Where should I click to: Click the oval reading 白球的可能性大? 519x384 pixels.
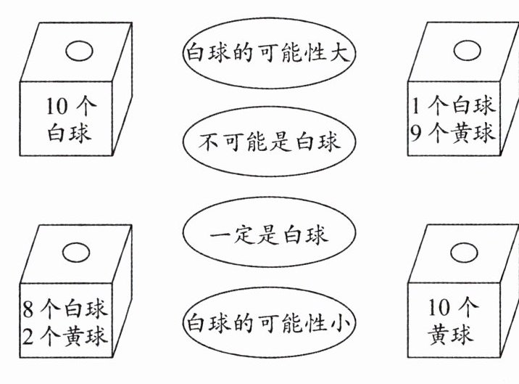(x=269, y=53)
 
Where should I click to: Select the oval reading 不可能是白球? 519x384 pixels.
(x=269, y=142)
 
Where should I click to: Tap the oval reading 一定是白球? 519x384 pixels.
(x=269, y=234)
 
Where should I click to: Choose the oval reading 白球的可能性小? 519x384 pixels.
(x=269, y=322)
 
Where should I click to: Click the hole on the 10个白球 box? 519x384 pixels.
(x=79, y=51)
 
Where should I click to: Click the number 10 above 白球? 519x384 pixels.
(x=58, y=107)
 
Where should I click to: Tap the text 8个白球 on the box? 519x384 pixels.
(x=65, y=309)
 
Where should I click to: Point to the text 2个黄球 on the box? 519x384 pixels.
(x=65, y=335)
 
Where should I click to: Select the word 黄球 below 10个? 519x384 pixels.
(x=452, y=336)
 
